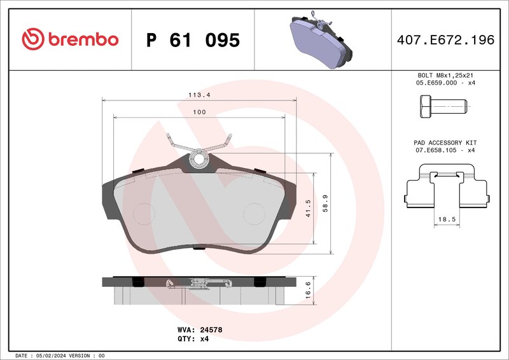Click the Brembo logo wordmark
(70, 39)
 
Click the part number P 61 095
(193, 40)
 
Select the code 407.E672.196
(445, 40)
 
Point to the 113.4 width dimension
(199, 95)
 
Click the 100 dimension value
(199, 112)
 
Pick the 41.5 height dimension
(308, 209)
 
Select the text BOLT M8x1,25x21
(445, 75)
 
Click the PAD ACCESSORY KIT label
(445, 142)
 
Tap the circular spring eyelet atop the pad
(199, 157)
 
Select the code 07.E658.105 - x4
(445, 150)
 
